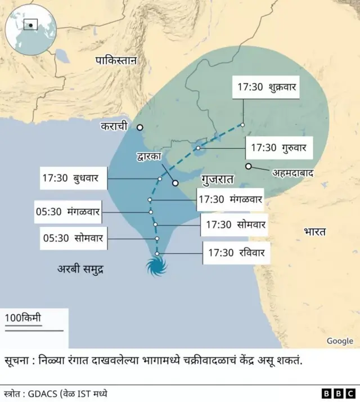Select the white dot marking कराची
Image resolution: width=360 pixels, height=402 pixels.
pyautogui.click(x=140, y=127)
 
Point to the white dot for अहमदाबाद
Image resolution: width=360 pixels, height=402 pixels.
pyautogui.click(x=248, y=166)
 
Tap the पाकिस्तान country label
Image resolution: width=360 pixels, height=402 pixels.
pyautogui.click(x=116, y=61)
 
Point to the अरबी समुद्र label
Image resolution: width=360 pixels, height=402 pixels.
pyautogui.click(x=82, y=270)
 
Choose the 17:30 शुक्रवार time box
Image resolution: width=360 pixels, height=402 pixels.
pyautogui.click(x=267, y=87)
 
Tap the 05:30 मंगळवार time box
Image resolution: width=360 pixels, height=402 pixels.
pyautogui.click(x=67, y=212)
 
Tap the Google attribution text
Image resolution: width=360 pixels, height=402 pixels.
pyautogui.click(x=340, y=341)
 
